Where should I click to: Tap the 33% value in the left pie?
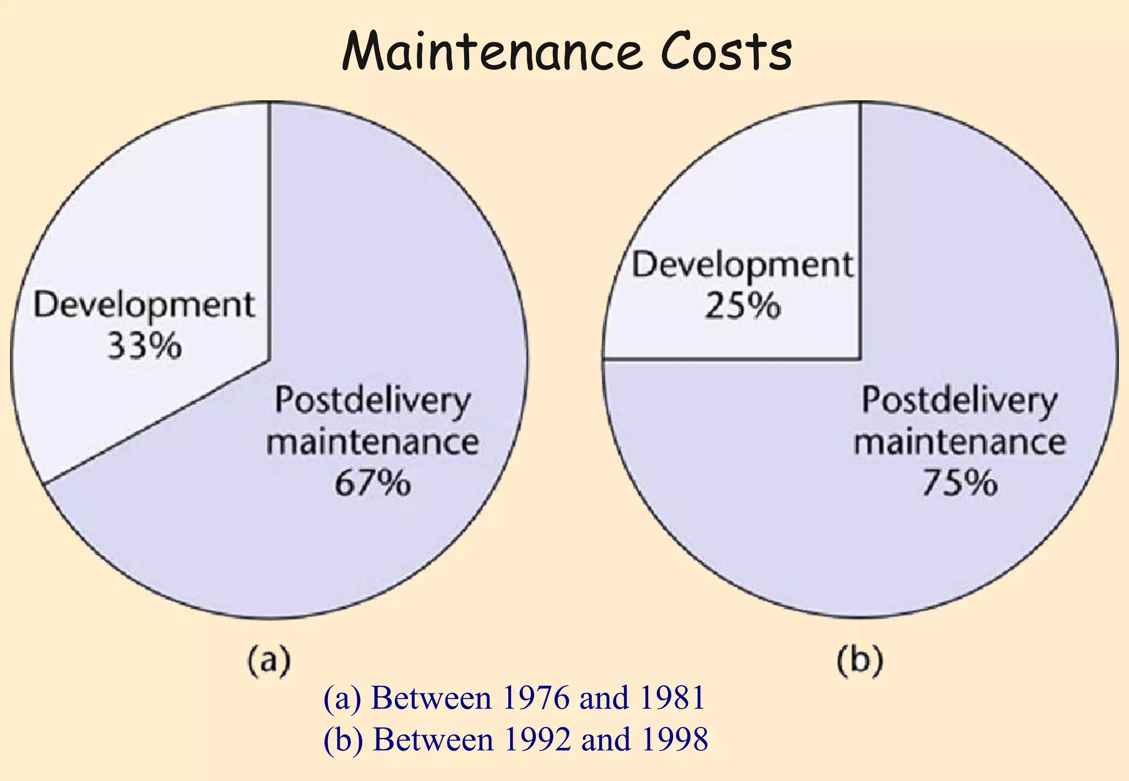144,346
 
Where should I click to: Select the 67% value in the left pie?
373,483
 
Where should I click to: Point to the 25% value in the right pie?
743,306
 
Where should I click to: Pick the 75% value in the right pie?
960,483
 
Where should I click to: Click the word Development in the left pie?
144,305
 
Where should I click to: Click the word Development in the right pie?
743,265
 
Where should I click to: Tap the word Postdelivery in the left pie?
373,400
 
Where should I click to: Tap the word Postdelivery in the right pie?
960,400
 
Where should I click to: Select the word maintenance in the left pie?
373,442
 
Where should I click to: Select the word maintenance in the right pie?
960,442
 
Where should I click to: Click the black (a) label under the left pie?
268,660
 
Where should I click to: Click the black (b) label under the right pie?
860,660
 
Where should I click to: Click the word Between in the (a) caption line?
432,698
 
